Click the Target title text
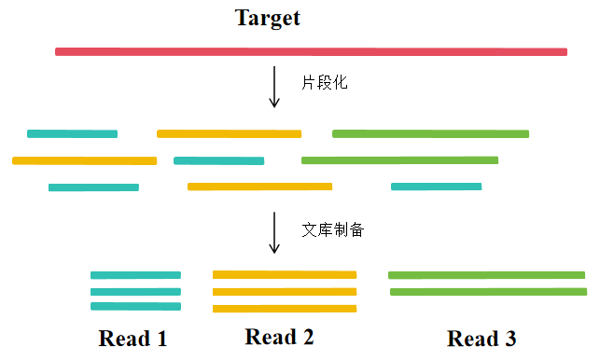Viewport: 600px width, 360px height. pos(268,18)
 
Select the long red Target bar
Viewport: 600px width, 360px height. pos(311,51)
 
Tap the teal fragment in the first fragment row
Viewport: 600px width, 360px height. pos(72,133)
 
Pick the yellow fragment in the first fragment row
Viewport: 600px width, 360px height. pos(229,133)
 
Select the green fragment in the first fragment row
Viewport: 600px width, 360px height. pos(430,133)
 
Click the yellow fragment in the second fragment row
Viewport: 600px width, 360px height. pos(84,160)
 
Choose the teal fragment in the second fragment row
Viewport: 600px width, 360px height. pos(218,160)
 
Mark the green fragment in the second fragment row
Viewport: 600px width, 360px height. pos(398,160)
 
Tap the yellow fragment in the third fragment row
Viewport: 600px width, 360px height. pos(259,187)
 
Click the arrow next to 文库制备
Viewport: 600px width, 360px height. pos(274,232)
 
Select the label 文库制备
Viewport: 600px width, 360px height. pos(332,229)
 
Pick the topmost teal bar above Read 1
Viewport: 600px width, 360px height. pos(135,275)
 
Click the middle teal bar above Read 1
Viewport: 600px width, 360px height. pos(135,292)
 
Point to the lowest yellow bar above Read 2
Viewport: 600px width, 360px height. pos(285,309)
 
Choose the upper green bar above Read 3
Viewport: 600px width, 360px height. pos(486,275)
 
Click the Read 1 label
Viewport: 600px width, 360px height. pos(133,338)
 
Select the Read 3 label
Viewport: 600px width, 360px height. pos(481,338)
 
